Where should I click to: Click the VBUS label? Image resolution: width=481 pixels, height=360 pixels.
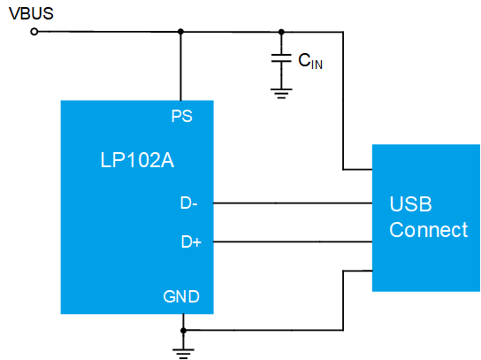[x=31, y=14]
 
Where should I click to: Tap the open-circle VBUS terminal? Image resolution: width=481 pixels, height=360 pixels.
[x=34, y=32]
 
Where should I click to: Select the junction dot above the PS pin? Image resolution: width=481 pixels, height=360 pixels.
[x=180, y=32]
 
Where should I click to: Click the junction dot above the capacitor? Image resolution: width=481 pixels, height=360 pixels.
[x=281, y=32]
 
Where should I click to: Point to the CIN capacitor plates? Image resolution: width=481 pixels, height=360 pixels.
[x=281, y=58]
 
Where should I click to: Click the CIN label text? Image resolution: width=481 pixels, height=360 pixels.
[x=310, y=61]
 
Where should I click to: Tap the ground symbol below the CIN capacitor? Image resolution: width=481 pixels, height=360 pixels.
[x=281, y=94]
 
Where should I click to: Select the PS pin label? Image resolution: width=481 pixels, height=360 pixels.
[x=182, y=117]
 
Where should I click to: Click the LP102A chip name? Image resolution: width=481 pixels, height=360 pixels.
[x=137, y=160]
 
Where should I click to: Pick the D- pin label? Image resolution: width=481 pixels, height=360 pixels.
[x=189, y=203]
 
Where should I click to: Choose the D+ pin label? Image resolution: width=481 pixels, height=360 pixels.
[x=191, y=241]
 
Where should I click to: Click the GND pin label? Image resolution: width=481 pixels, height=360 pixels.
[x=181, y=296]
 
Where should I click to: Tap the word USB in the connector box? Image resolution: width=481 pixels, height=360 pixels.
[x=411, y=203]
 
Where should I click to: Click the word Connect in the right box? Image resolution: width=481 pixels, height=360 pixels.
[x=429, y=230]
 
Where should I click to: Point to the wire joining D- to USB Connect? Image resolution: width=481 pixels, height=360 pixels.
[x=293, y=203]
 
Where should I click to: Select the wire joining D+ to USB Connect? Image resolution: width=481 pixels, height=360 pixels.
[x=293, y=241]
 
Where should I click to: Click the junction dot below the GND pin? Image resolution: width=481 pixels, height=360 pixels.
[x=183, y=331]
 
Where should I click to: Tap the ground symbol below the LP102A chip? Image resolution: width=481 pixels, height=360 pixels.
[x=183, y=354]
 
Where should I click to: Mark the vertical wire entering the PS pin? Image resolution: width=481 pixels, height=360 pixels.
[x=180, y=66]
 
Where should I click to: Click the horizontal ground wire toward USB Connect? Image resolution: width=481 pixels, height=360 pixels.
[x=263, y=330]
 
